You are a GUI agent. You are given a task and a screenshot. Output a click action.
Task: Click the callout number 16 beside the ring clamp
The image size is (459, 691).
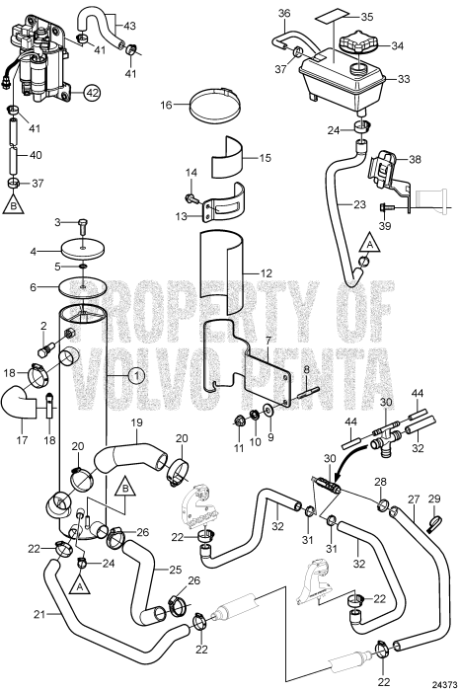tap(167, 103)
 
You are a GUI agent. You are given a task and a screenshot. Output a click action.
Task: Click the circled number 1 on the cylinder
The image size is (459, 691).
tap(135, 375)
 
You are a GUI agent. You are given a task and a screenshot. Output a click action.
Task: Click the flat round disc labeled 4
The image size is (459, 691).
tap(83, 252)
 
